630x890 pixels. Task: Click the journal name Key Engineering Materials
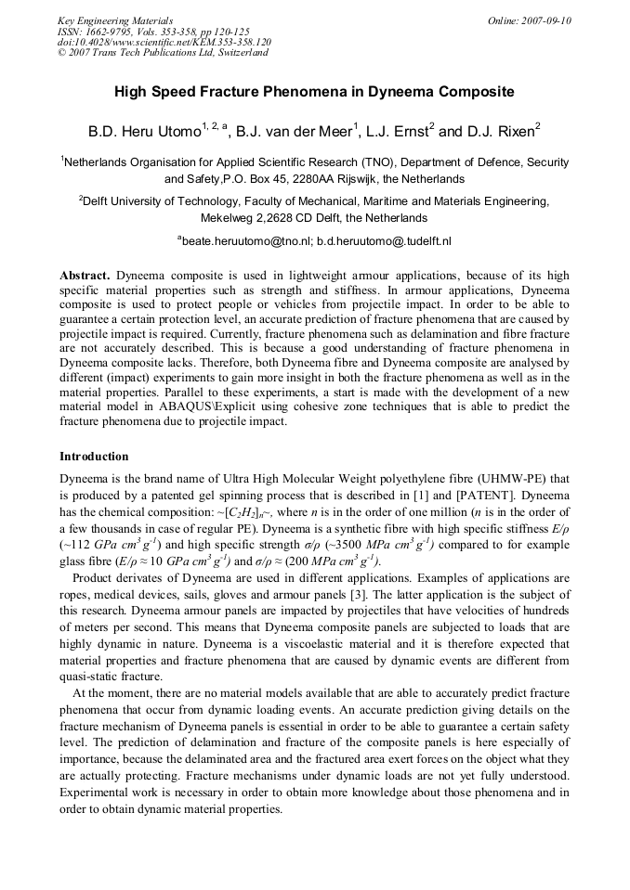(x=115, y=20)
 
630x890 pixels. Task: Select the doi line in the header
(x=164, y=42)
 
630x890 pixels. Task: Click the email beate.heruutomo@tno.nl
(x=243, y=240)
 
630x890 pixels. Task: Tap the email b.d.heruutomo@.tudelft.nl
(x=384, y=240)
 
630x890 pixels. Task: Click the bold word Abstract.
(x=85, y=276)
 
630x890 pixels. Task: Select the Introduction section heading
(x=94, y=457)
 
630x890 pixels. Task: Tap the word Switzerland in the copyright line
(x=241, y=53)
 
